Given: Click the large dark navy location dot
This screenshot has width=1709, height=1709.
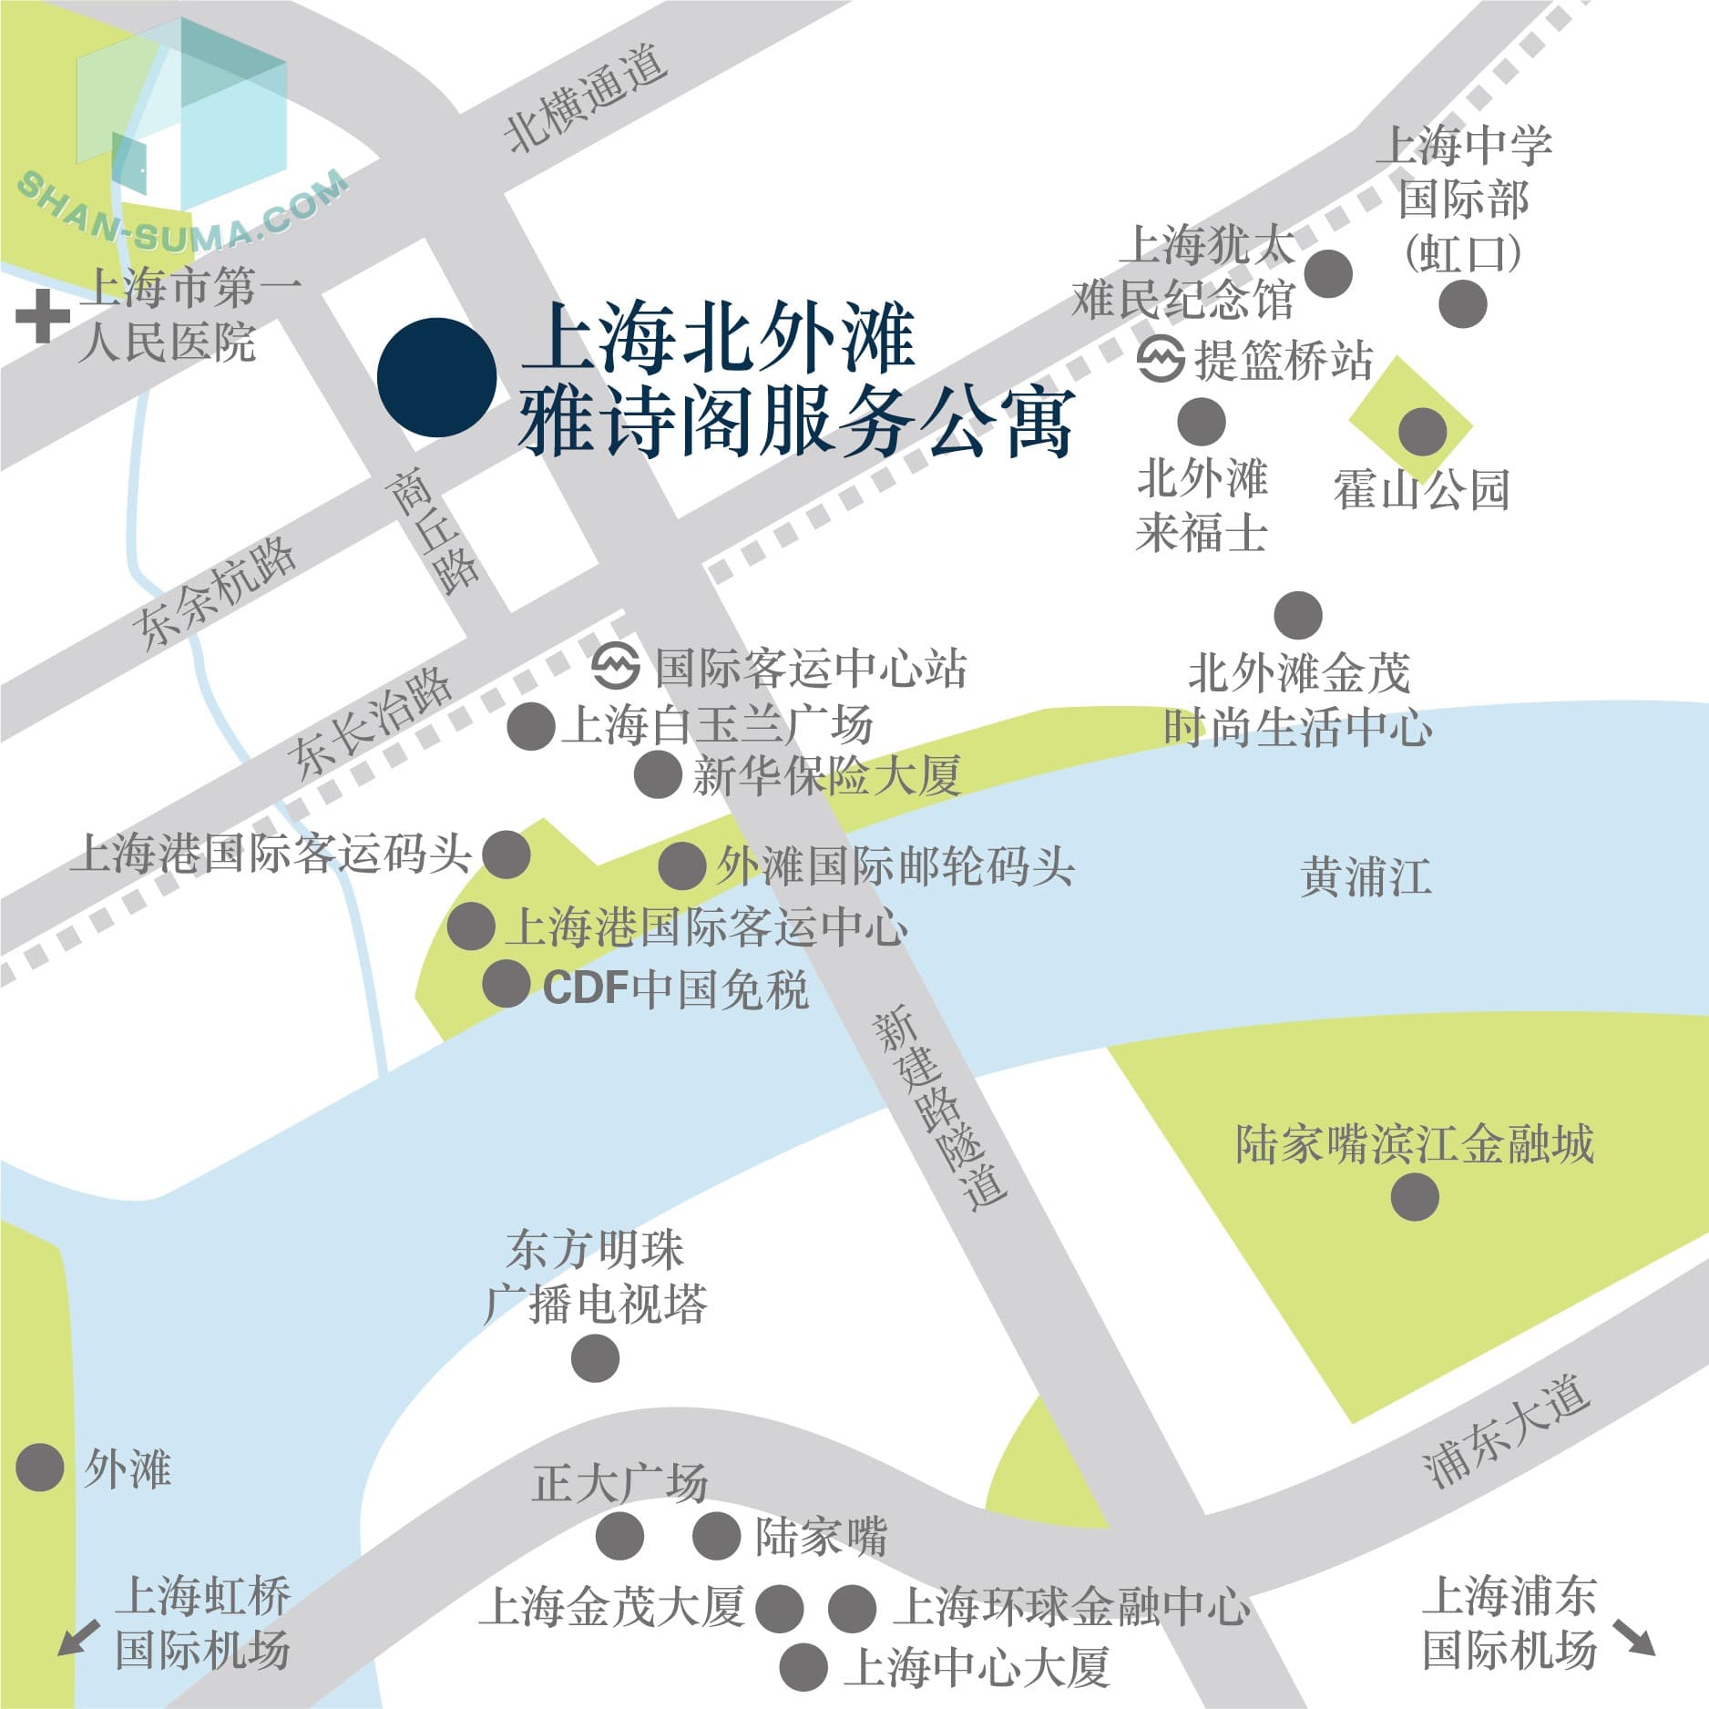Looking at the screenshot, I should coord(437,377).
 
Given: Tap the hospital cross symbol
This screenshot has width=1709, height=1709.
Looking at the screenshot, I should coord(43,317).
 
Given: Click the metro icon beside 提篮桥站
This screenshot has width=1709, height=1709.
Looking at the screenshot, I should coord(1162,359).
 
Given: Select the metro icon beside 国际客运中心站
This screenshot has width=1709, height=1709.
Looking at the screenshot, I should coord(615,667).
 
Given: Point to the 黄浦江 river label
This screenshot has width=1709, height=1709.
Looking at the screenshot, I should coord(1365,876).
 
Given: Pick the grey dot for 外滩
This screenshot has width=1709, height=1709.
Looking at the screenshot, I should coord(40,1468).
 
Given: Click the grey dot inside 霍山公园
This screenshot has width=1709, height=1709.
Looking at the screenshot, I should coord(1422,431).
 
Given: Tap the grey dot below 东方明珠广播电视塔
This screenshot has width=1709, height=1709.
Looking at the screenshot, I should coord(595,1358).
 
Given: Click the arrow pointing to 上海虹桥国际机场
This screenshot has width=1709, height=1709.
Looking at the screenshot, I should coord(78,1637).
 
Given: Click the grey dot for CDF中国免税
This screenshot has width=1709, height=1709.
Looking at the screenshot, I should coord(506,984).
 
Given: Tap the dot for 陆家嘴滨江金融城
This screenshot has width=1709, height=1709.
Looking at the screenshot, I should coord(1415,1196).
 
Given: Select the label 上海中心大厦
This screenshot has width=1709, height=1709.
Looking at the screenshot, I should coord(977,1667).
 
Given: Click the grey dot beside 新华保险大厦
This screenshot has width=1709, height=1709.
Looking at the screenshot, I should coord(658,775).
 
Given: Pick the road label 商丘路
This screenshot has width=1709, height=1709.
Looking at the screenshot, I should coord(432,532).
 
